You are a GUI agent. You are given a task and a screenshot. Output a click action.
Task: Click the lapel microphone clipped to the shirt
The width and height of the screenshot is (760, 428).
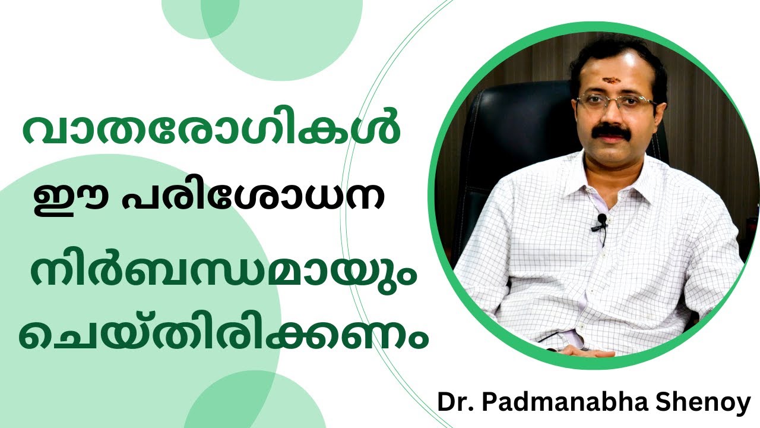[602, 221]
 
